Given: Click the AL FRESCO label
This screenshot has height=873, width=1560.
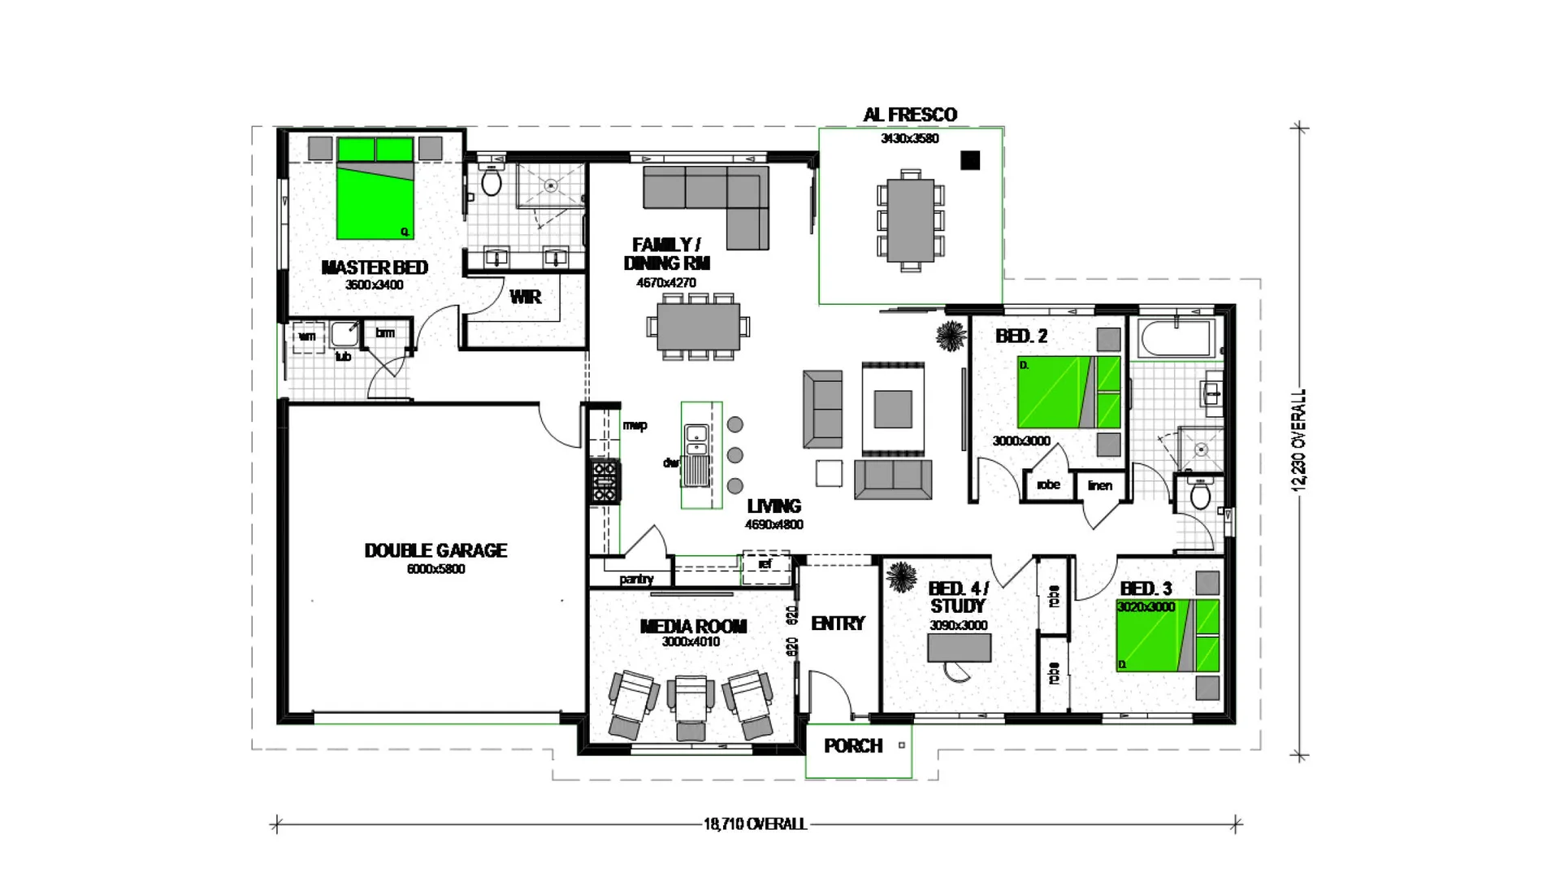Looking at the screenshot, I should tap(909, 115).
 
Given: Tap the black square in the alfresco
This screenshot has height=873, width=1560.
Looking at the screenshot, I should tap(969, 160).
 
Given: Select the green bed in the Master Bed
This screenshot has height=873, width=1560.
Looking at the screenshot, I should tap(375, 200).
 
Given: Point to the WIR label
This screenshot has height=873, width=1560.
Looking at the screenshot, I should tap(525, 298).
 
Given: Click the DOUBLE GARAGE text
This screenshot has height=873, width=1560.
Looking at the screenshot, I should tap(435, 551).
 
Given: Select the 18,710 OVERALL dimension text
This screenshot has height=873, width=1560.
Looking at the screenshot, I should tap(755, 824).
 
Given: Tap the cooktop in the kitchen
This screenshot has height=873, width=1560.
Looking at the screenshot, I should tap(604, 481).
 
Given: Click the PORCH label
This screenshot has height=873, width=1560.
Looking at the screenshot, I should tap(852, 746).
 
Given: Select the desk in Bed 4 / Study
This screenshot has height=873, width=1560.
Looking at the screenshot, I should tap(959, 648).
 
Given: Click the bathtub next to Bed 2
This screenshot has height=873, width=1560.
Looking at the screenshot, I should tap(1176, 339).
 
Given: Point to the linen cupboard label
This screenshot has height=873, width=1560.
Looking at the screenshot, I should tap(1099, 485).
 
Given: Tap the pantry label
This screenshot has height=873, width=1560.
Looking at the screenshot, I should tap(636, 579).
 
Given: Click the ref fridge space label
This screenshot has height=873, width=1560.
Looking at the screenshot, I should tap(765, 563).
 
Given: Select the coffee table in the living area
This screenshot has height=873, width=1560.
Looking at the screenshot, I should tap(892, 408).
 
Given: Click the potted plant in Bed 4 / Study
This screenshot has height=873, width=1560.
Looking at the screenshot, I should tap(901, 577).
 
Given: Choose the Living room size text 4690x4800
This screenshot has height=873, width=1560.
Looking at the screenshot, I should tap(773, 525).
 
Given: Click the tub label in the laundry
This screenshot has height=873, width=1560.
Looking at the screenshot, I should tap(343, 356).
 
